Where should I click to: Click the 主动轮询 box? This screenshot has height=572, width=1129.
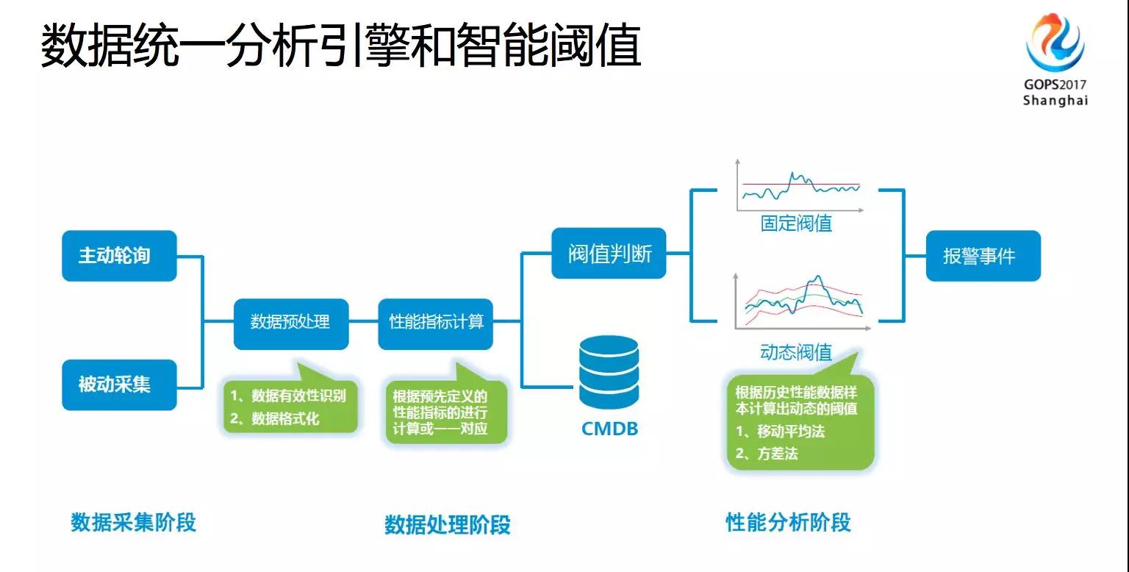tap(119, 255)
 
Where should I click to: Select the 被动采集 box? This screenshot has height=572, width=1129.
tap(119, 384)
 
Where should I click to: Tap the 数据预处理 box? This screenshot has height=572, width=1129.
tap(291, 321)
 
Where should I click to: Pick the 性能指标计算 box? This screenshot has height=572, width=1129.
tap(435, 321)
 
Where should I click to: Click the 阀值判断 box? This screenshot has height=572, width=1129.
tap(609, 254)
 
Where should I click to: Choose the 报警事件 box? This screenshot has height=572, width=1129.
tap(983, 255)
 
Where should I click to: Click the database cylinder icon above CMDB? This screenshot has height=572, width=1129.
tap(609, 372)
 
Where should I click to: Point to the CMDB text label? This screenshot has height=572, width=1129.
tap(609, 428)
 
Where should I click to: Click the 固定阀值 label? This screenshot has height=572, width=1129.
tap(796, 223)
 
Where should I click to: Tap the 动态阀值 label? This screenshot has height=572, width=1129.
tap(796, 352)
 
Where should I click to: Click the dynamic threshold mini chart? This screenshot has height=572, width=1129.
tap(800, 301)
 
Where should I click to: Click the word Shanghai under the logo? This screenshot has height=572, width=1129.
tap(1055, 101)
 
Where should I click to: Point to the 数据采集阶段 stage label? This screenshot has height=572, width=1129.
tap(133, 522)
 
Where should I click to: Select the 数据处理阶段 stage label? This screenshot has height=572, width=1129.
tap(447, 524)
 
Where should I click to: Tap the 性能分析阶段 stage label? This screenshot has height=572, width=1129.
tap(788, 522)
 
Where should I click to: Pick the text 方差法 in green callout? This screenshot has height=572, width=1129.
tap(777, 454)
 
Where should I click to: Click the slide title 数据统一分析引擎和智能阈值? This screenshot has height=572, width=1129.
tap(340, 47)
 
